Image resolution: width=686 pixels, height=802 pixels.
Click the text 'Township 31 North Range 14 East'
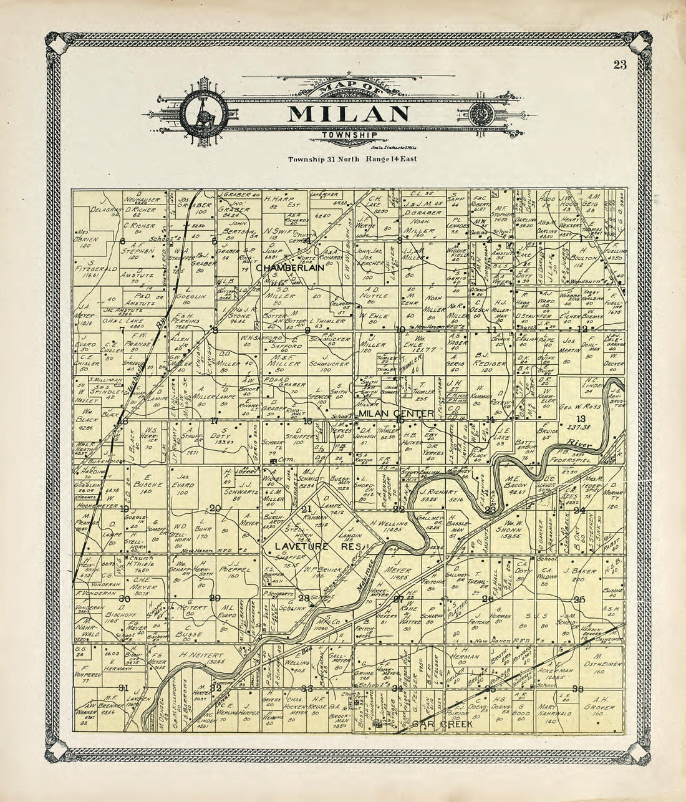click(x=352, y=159)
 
